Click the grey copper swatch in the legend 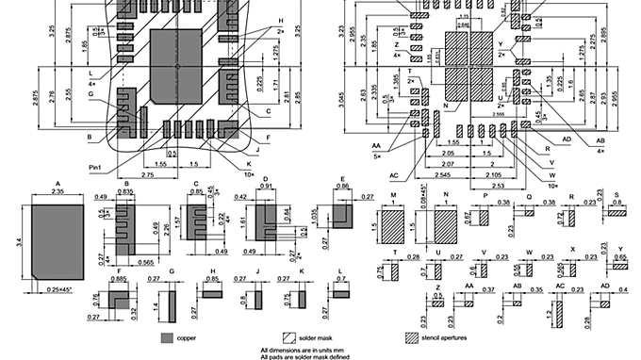coord(167,336)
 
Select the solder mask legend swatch coord(288,336)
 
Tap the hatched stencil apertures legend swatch coord(411,336)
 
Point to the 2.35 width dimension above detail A coord(57,189)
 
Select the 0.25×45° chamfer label coord(63,286)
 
